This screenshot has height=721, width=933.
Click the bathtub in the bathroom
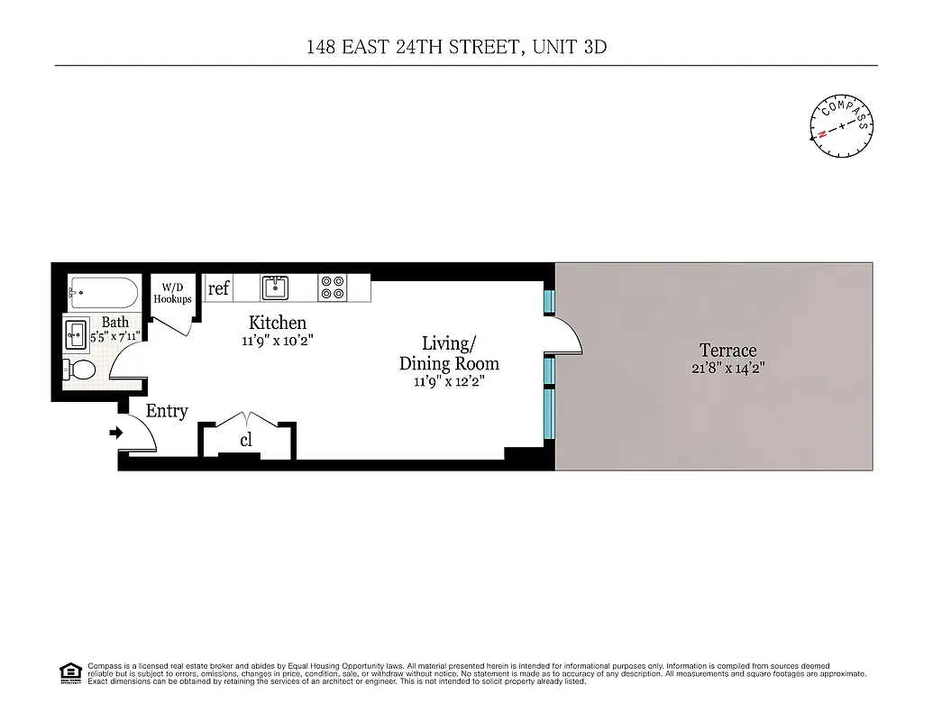pyautogui.click(x=104, y=293)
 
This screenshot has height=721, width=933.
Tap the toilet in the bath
pyautogui.click(x=82, y=370)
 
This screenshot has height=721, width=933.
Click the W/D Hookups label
pyautogui.click(x=172, y=293)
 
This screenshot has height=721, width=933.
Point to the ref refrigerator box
pyautogui.click(x=218, y=289)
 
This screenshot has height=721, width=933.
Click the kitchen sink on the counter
pyautogui.click(x=274, y=287)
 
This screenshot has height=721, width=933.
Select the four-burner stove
pyautogui.click(x=331, y=287)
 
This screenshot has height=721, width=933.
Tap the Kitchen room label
pyautogui.click(x=277, y=323)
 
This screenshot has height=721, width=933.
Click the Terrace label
pyautogui.click(x=727, y=350)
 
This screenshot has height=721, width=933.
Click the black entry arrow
pyautogui.click(x=115, y=434)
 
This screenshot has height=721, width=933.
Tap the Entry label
pyautogui.click(x=167, y=411)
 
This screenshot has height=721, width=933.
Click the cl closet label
pyautogui.click(x=245, y=441)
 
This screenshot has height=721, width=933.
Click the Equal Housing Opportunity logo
pyautogui.click(x=69, y=671)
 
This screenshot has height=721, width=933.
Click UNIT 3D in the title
pyautogui.click(x=567, y=48)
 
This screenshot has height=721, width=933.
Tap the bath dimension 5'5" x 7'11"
pyautogui.click(x=114, y=337)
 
